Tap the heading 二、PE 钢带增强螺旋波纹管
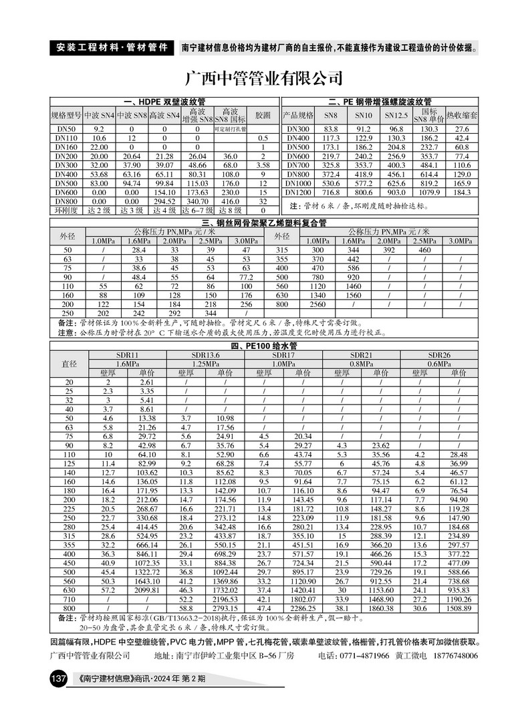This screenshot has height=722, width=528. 380,102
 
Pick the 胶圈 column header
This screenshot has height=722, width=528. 263,114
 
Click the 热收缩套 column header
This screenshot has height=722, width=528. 462,114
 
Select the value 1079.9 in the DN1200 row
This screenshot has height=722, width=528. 429,192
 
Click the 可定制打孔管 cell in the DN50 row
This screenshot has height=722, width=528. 230,128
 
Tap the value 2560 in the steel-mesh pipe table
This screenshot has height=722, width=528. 317,304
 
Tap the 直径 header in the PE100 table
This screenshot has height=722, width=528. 70,363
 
